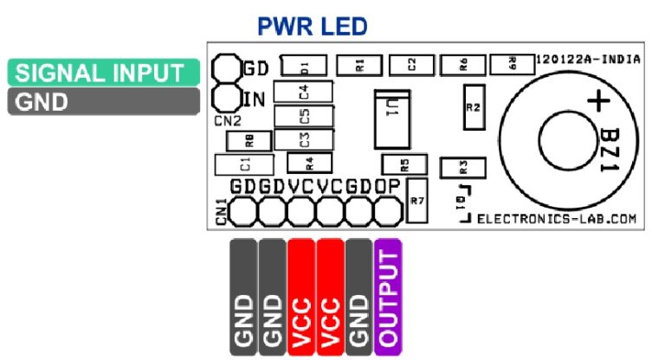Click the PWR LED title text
[313, 27]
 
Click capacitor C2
[412, 63]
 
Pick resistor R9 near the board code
[512, 63]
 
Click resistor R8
[248, 139]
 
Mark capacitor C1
[244, 164]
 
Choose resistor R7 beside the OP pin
[416, 200]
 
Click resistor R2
[473, 107]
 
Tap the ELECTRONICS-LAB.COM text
[557, 220]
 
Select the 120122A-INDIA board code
[588, 61]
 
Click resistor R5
[401, 164]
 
